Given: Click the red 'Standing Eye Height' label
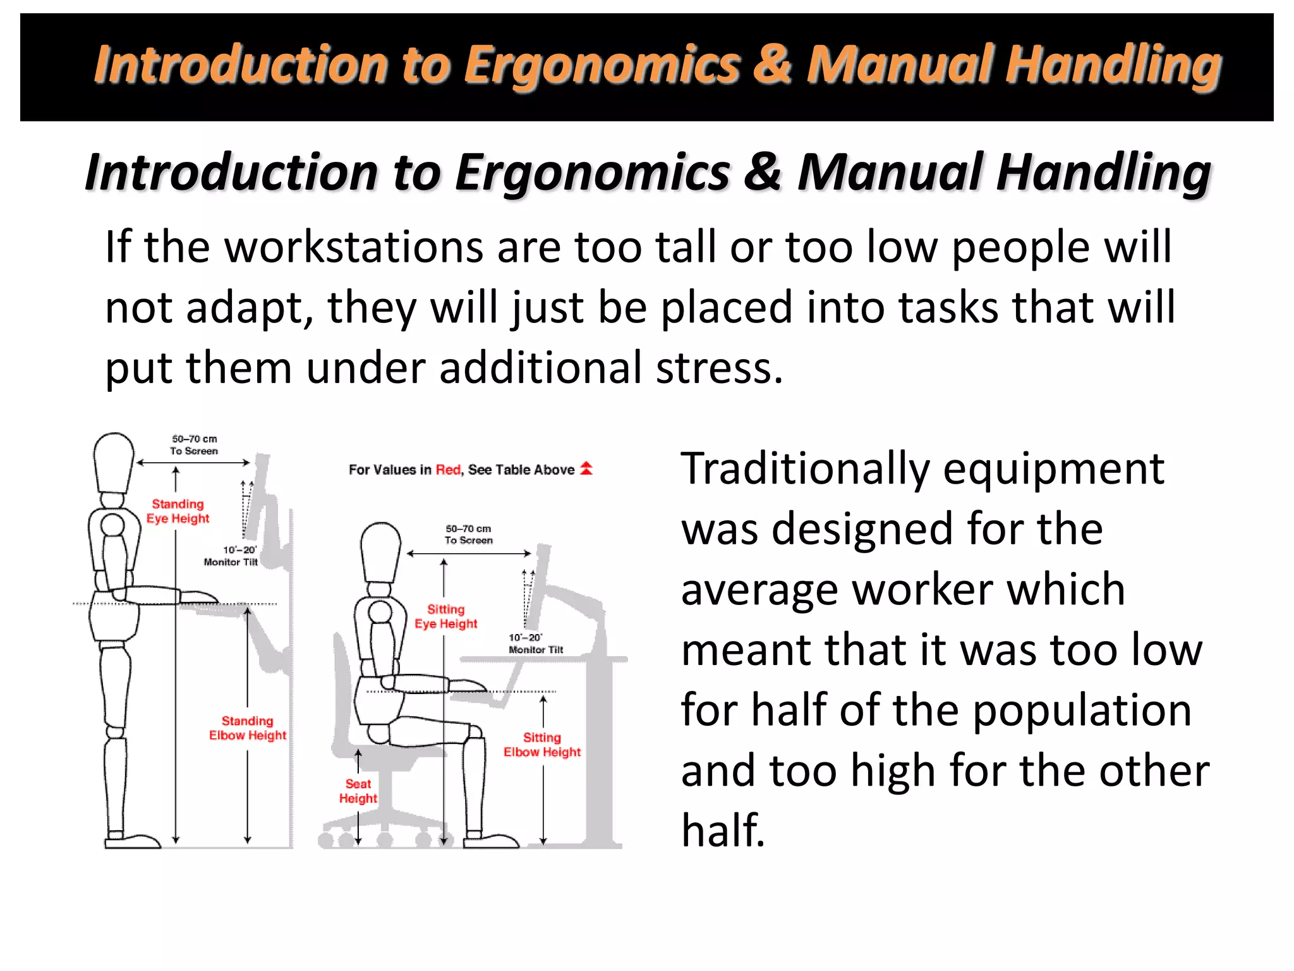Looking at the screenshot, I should pos(178,511).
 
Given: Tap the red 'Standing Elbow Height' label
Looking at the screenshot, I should pos(248,728).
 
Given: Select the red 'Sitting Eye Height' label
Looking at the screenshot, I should pos(445,616).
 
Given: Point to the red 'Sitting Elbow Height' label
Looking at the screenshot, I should pos(542,745).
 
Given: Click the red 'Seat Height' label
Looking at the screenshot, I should pos(358,791).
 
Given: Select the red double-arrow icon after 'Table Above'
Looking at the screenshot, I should pos(586,468).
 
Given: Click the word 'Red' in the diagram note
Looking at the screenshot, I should pos(448,470).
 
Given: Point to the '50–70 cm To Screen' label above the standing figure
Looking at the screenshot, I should pos(194,444).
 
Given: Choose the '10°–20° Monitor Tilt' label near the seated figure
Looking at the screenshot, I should pos(535,644).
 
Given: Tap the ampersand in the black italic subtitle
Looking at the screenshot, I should pos(763,172).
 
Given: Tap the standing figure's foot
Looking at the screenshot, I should pos(133,841).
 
